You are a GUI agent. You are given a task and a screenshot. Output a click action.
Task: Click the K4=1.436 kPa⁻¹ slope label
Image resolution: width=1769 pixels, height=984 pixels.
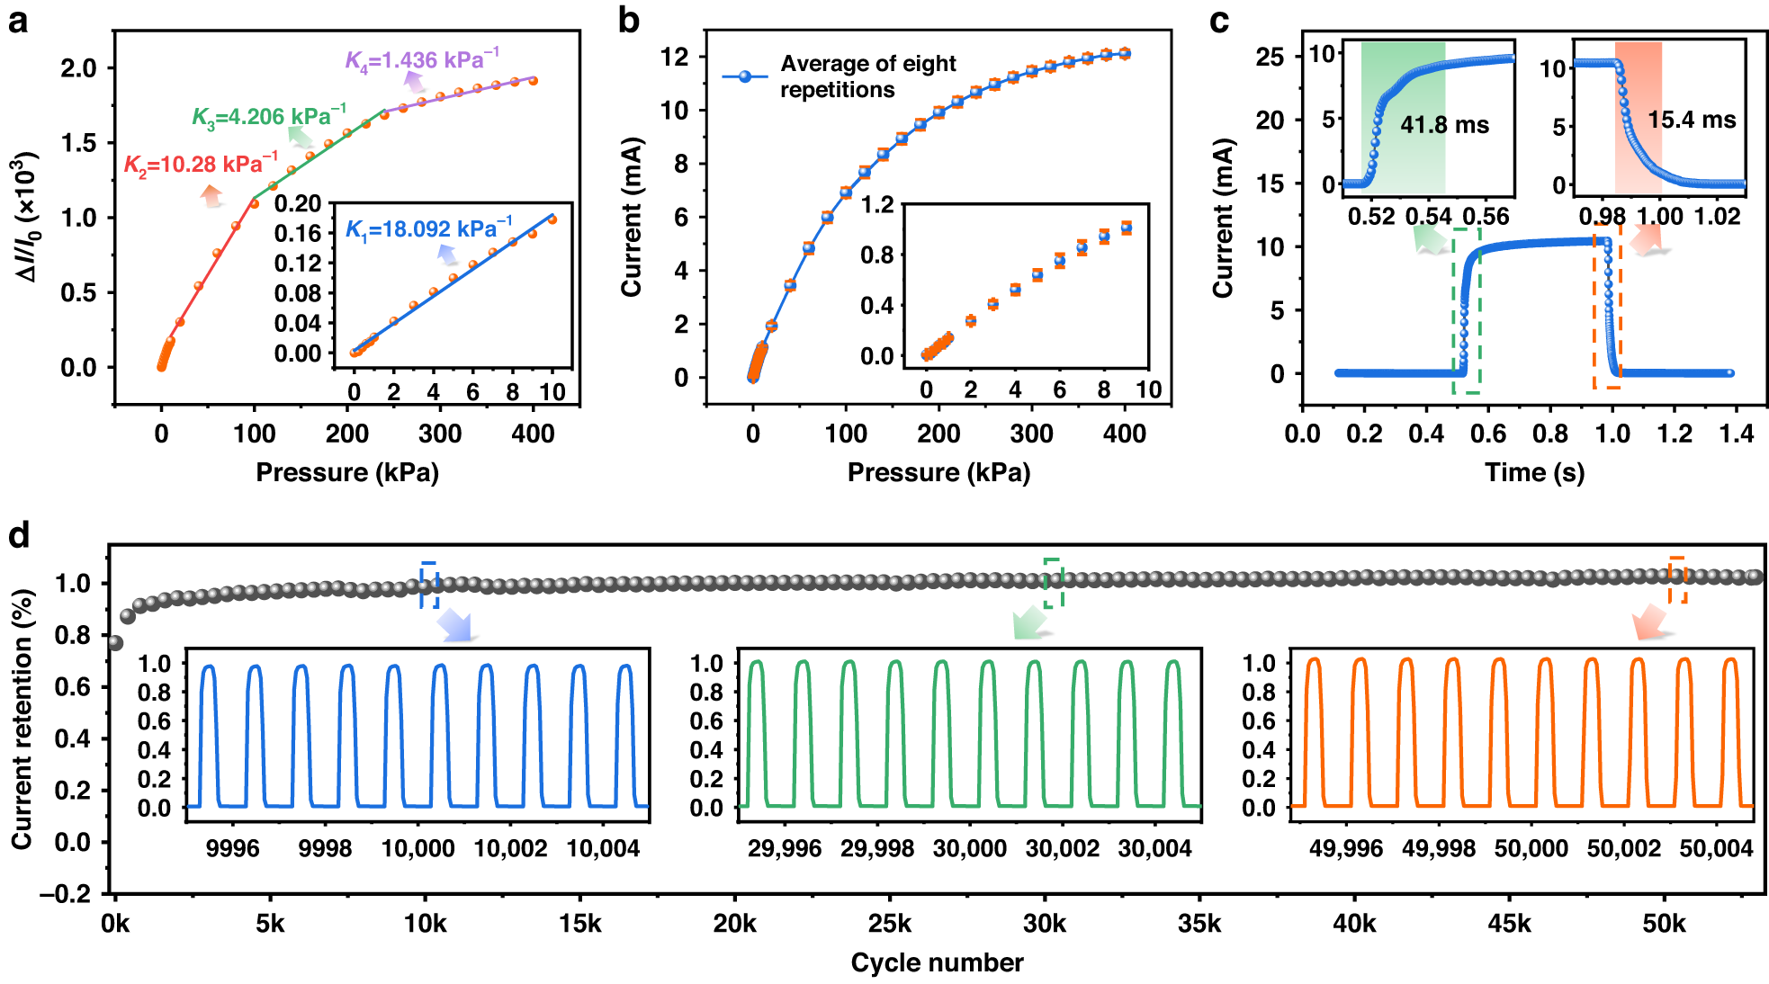pos(421,60)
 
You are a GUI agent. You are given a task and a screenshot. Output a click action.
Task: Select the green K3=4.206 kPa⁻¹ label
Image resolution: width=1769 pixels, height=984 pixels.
pos(268,117)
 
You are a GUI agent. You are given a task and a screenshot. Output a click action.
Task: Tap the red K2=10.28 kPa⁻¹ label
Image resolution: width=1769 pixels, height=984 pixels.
pos(200,165)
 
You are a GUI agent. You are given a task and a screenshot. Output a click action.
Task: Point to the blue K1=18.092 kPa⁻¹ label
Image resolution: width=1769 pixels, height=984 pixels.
pos(428,229)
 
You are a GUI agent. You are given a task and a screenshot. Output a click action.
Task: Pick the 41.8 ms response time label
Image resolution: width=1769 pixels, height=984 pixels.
pos(1444,125)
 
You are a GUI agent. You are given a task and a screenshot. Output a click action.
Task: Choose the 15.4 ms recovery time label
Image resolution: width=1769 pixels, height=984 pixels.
pos(1692,120)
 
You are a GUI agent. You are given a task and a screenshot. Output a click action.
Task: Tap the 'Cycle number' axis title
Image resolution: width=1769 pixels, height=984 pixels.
pos(937,962)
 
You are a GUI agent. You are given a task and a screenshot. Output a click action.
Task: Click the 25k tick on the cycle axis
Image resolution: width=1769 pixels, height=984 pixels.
pos(889,924)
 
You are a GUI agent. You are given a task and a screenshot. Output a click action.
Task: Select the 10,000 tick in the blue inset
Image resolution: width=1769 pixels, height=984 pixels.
pos(418,848)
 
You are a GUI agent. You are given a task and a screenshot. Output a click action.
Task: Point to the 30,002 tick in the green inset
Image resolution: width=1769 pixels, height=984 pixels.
pos(1062,848)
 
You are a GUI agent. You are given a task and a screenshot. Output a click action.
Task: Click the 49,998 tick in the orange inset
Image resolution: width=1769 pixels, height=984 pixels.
pos(1438,848)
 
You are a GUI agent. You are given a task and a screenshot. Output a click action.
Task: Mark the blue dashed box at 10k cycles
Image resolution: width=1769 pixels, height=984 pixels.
pos(429,585)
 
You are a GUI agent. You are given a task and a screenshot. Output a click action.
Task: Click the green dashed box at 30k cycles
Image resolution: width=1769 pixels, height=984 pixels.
pos(1053,583)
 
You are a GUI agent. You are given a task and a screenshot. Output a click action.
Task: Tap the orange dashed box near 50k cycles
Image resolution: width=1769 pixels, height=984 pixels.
pos(1676,580)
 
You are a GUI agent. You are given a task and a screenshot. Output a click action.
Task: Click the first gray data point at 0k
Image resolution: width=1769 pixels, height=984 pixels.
pos(115,643)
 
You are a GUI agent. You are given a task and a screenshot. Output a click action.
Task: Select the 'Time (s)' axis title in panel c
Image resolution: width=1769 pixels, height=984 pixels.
pos(1534,472)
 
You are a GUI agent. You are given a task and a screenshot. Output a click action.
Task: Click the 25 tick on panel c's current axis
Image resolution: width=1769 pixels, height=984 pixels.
pos(1270,57)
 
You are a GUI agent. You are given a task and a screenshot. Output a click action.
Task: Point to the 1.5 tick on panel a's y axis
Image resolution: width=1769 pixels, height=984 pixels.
pos(78,143)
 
